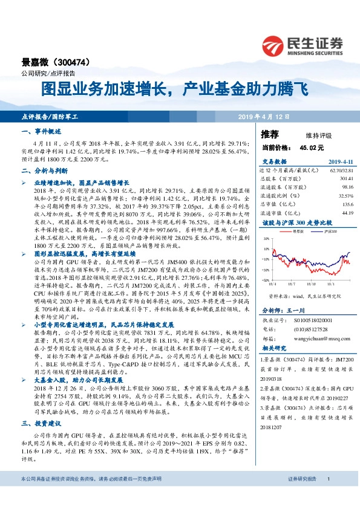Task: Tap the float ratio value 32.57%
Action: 344,196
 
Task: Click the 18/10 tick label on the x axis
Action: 310,282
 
